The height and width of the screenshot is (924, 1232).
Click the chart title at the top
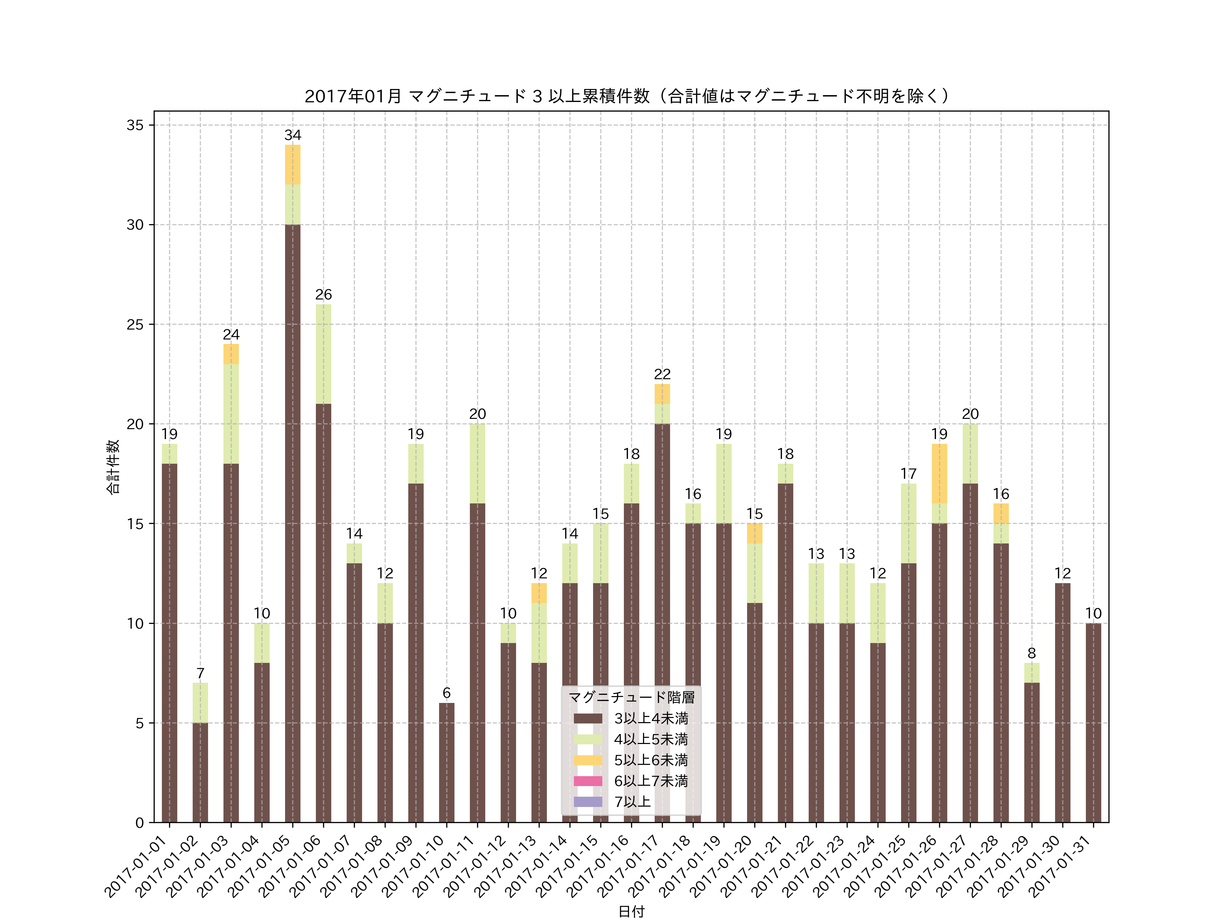627,97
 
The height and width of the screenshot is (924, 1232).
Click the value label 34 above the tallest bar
292,135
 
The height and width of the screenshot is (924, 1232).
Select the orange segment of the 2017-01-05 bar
292,164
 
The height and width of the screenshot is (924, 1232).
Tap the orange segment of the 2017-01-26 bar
939,473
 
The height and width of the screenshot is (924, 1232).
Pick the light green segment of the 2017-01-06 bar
323,354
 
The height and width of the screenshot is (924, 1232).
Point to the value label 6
446,693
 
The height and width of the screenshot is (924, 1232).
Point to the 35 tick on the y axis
135,125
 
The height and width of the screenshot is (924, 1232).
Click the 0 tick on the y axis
139,823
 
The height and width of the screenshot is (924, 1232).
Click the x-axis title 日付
631,912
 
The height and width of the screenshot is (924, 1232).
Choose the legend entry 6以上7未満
651,781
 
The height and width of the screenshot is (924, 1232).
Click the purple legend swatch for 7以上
588,801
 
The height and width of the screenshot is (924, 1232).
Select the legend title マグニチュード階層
631,697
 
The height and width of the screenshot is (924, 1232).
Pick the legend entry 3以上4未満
651,718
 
